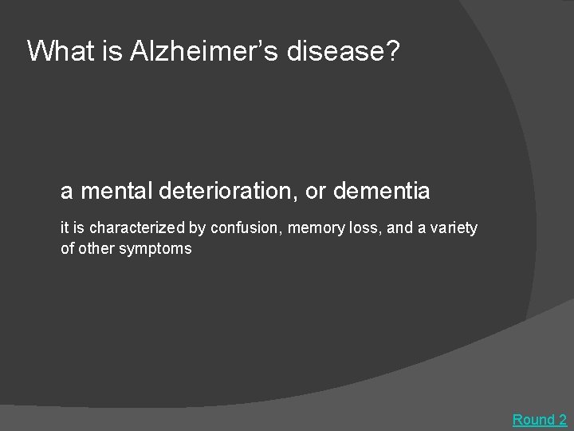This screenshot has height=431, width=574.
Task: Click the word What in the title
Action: (58, 51)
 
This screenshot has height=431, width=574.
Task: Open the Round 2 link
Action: (539, 419)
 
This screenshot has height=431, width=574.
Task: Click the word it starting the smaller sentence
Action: (65, 228)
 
